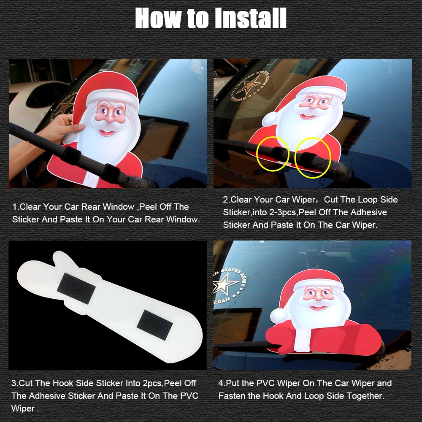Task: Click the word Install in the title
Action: tap(251, 18)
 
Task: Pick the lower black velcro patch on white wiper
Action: tap(155, 325)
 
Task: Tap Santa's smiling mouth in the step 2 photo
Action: tap(308, 117)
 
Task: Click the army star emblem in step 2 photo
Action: tap(249, 86)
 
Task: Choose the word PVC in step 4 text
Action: tap(265, 383)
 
